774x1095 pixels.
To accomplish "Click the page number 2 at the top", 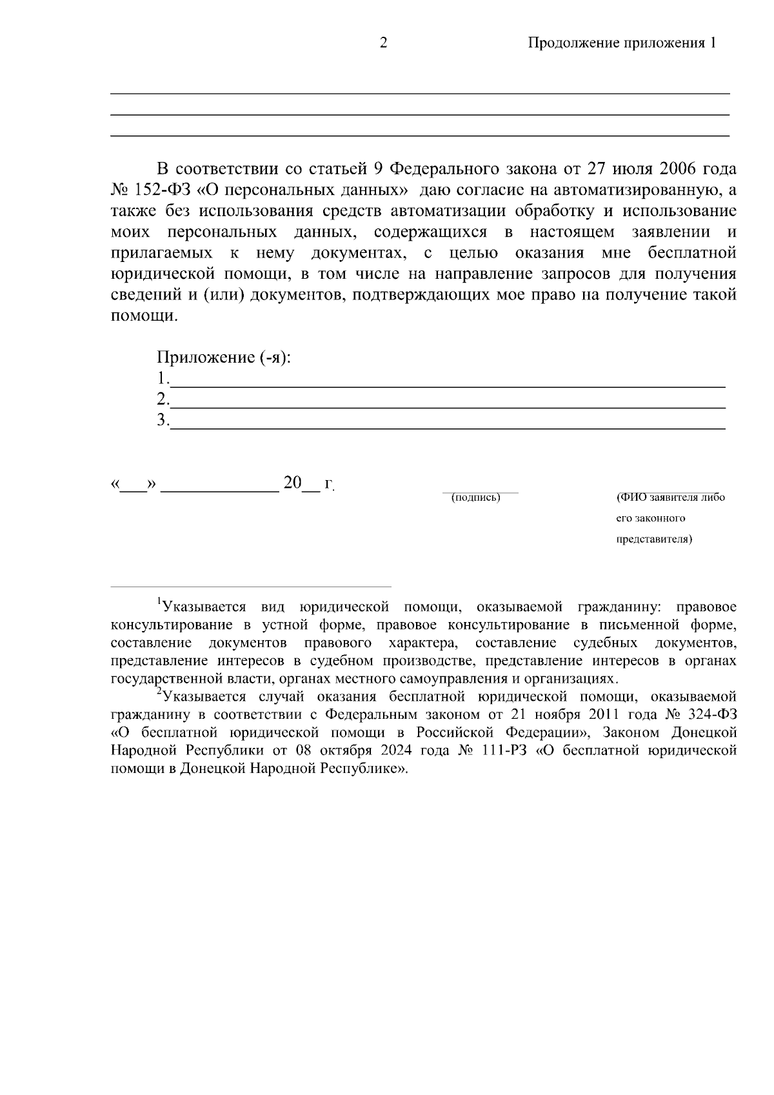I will (x=383, y=43).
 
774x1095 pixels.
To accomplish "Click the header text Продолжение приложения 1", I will (x=622, y=43).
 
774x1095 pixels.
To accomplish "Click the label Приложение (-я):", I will (x=224, y=357).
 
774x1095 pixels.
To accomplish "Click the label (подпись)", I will (x=476, y=497).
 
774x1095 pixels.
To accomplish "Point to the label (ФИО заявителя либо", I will (x=670, y=497).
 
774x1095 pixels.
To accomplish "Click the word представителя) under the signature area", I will (x=654, y=539).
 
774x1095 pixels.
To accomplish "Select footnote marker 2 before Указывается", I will (x=159, y=692).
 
